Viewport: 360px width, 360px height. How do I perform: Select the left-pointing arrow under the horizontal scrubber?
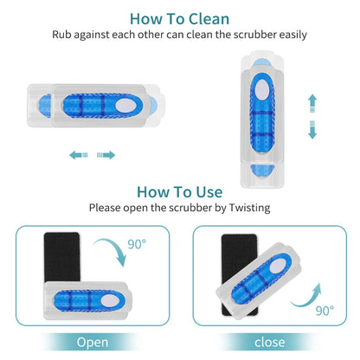(x=79, y=155)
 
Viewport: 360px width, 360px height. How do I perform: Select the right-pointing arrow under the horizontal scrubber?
(x=107, y=155)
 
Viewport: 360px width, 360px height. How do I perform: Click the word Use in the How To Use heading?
(x=206, y=191)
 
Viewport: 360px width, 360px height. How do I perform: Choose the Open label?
(x=92, y=342)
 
